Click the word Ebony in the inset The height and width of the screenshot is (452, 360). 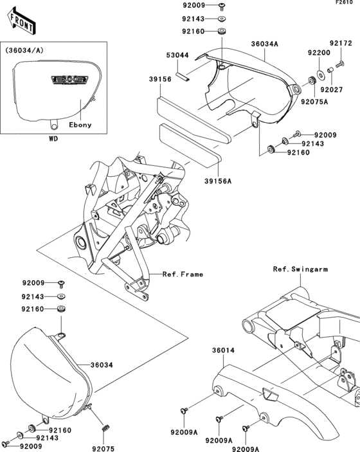coord(80,125)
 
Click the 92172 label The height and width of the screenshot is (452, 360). coord(341,44)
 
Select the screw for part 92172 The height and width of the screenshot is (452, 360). coord(339,62)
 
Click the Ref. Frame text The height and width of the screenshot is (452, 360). coord(183,274)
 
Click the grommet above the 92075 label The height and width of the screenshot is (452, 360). coord(105,427)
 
